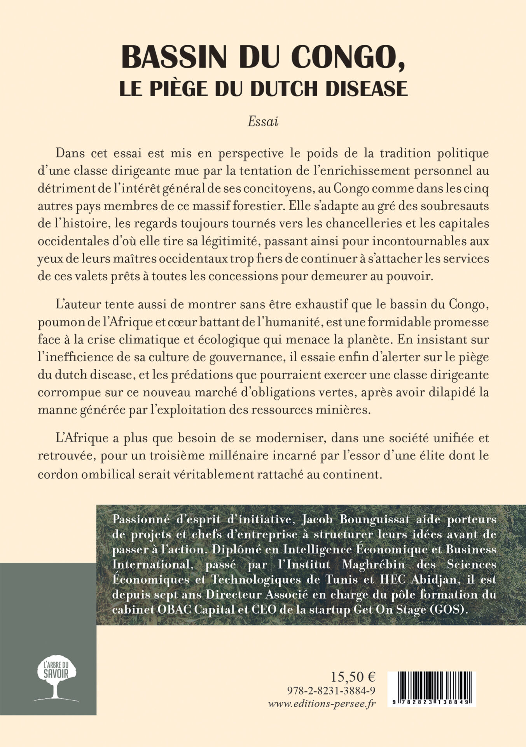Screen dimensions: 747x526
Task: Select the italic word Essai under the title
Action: tap(263, 122)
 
